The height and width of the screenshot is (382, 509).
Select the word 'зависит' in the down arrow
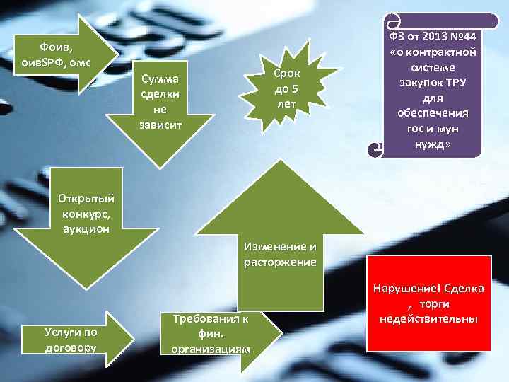[x=160, y=125]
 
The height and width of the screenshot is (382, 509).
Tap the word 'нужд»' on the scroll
[x=432, y=146]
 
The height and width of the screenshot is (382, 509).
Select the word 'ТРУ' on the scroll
[x=460, y=83]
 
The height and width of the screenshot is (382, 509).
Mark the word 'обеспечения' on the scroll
[x=431, y=114]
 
